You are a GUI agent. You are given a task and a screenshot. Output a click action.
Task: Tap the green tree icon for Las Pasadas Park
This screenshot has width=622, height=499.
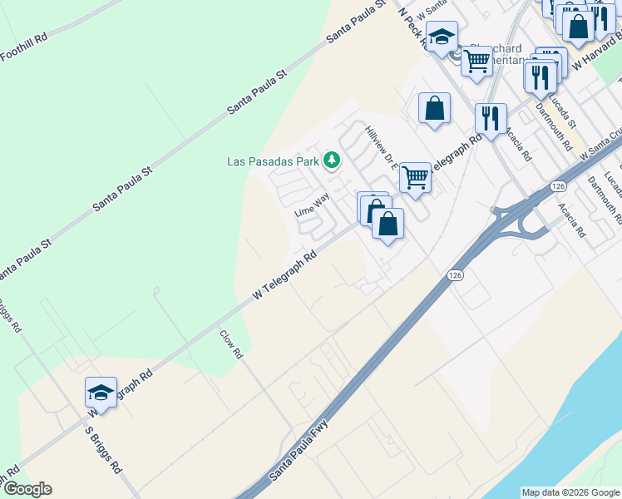tap(332, 159)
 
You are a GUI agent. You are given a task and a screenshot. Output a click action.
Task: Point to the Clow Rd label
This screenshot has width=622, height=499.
tap(230, 343)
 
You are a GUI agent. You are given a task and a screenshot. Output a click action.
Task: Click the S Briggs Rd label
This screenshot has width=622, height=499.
tap(104, 451)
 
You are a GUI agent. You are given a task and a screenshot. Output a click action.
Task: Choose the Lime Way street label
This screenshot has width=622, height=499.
tap(312, 204)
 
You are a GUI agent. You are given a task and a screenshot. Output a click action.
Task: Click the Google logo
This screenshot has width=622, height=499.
tap(27, 489)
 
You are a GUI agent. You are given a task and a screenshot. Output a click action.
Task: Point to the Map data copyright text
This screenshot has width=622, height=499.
tap(570, 492)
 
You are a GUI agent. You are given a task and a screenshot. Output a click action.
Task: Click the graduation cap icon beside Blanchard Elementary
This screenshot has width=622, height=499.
tap(442, 36)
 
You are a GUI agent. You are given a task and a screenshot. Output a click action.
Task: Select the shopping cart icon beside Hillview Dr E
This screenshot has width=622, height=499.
tap(415, 175)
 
